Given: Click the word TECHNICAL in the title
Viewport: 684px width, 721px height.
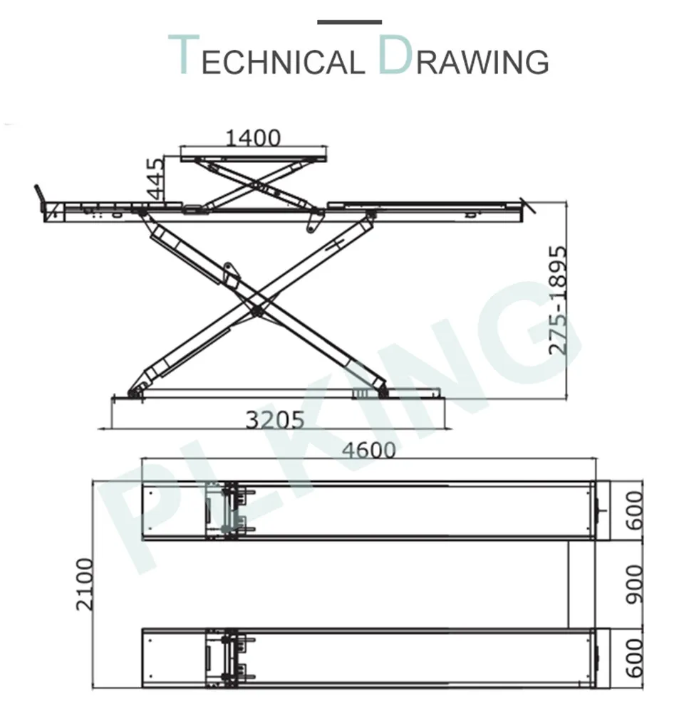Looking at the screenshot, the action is pos(266,56).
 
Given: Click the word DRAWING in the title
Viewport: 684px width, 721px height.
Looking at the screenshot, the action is pos(464,56).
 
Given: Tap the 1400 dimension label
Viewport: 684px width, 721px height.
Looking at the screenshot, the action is pos(253,137).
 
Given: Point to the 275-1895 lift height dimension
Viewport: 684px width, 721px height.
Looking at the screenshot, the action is pos(558,300).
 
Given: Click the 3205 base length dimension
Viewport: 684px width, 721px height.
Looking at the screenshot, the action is pos(275,419).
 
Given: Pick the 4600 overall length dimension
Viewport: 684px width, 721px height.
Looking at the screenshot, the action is pos(368,450).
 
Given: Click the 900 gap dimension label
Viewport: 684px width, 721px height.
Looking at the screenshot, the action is pos(634,584).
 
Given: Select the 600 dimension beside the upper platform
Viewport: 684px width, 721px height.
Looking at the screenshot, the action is pos(634,510).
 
